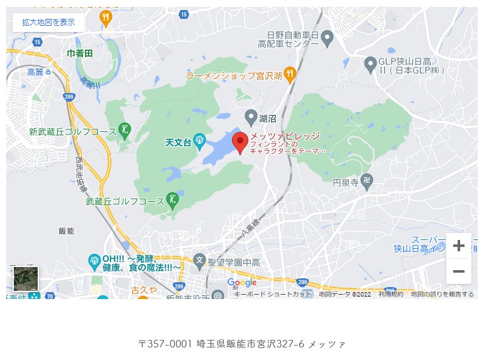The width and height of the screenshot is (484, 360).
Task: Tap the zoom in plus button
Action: tap(459, 246)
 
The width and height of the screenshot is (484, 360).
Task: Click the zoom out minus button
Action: tap(459, 271)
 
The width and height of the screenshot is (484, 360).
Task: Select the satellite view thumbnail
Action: tap(26, 278)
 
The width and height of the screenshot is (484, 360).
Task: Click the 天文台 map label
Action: tap(177, 143)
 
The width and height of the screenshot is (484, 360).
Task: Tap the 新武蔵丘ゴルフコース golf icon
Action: tap(124, 131)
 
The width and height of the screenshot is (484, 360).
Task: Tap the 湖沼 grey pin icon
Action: tap(251, 117)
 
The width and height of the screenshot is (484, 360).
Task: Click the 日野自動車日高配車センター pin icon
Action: tap(327, 39)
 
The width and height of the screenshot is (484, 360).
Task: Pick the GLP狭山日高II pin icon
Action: tap(371, 63)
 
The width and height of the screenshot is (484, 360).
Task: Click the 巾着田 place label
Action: tap(80, 53)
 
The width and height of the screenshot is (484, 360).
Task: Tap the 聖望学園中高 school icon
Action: tap(200, 259)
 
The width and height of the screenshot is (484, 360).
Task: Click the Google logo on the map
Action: tap(242, 283)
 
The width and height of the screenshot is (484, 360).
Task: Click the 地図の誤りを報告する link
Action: tap(442, 294)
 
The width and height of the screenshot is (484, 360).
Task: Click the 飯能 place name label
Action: tap(66, 231)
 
